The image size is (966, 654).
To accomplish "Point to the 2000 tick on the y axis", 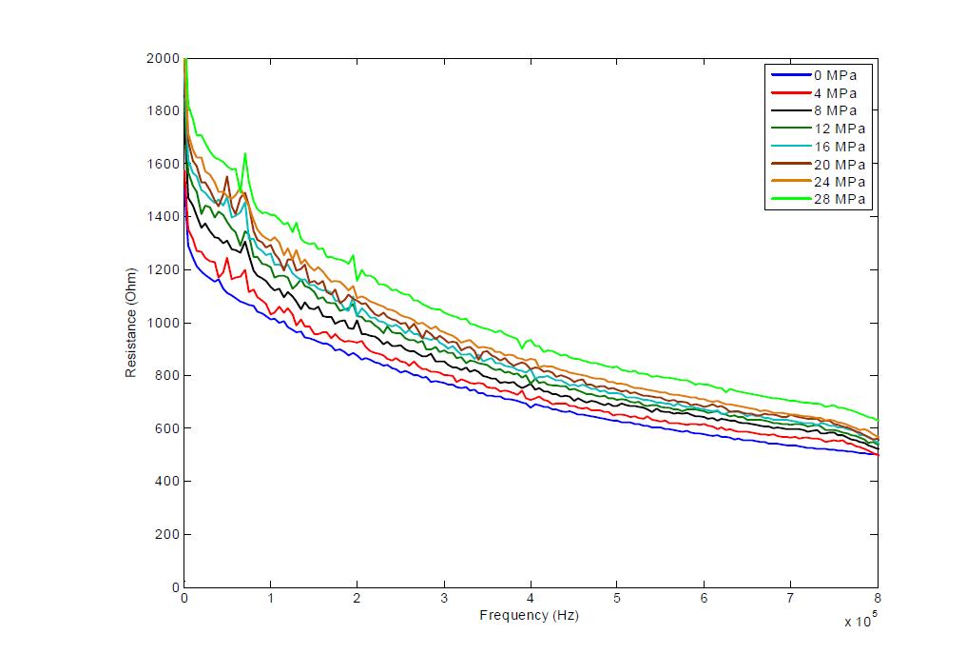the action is pyautogui.click(x=163, y=58).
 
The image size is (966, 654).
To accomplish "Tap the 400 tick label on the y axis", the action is pyautogui.click(x=167, y=482).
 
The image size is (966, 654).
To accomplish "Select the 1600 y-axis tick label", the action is pyautogui.click(x=163, y=164).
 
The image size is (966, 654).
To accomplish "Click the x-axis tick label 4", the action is pyautogui.click(x=531, y=598).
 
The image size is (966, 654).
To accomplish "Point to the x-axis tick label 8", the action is pyautogui.click(x=878, y=598).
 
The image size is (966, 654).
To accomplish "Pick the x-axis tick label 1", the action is pyautogui.click(x=270, y=598).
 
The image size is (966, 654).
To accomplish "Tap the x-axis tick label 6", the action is pyautogui.click(x=704, y=598).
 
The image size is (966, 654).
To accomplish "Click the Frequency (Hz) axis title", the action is pyautogui.click(x=530, y=615).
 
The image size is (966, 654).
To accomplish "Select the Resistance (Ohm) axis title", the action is pyautogui.click(x=130, y=323).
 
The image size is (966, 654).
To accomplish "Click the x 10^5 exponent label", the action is pyautogui.click(x=859, y=620).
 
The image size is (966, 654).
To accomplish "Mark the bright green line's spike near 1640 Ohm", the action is pyautogui.click(x=245, y=153).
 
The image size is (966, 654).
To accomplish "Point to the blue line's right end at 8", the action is pyautogui.click(x=878, y=455).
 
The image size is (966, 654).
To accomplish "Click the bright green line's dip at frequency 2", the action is pyautogui.click(x=357, y=280).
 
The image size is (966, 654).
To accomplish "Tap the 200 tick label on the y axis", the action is pyautogui.click(x=167, y=534).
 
